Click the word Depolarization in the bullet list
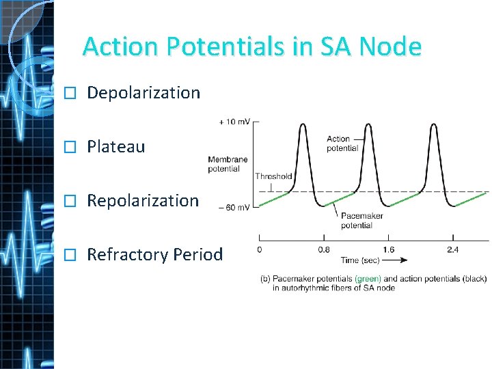(x=143, y=93)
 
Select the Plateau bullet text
(x=115, y=147)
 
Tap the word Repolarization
(x=143, y=201)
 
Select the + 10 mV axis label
(x=234, y=122)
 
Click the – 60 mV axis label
(x=234, y=206)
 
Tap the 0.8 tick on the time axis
(x=324, y=249)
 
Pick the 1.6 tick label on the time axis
(x=388, y=249)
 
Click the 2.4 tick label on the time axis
(x=452, y=249)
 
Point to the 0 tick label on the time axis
(x=260, y=249)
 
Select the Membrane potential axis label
(x=228, y=164)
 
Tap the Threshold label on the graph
(x=273, y=176)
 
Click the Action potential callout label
(x=342, y=143)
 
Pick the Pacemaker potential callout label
(x=361, y=220)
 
